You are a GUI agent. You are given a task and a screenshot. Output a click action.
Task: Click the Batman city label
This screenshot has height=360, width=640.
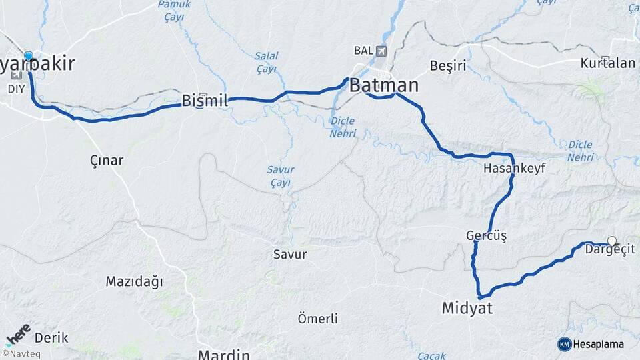pyautogui.click(x=384, y=85)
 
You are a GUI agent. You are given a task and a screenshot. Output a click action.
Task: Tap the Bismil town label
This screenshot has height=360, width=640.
pyautogui.click(x=205, y=101)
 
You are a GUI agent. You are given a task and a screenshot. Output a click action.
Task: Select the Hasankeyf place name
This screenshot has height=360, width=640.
pyautogui.click(x=515, y=169)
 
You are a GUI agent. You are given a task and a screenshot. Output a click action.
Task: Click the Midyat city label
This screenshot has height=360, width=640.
pyautogui.click(x=467, y=307)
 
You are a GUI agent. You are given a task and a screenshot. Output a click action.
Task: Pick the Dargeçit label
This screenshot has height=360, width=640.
pyautogui.click(x=610, y=250)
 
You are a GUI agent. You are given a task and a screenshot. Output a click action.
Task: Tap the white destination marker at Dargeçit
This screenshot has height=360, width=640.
pyautogui.click(x=612, y=241)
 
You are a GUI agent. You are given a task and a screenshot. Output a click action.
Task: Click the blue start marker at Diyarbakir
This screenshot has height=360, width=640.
pyautogui.click(x=29, y=56)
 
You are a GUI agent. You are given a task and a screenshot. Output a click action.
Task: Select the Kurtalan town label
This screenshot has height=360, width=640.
pyautogui.click(x=607, y=64)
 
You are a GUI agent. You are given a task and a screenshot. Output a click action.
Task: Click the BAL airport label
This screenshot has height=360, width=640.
pyautogui.click(x=363, y=51)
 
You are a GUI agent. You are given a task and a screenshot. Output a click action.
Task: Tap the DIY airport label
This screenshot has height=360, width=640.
pyautogui.click(x=15, y=87)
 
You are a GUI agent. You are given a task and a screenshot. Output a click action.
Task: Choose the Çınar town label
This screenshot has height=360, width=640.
pyautogui.click(x=106, y=160)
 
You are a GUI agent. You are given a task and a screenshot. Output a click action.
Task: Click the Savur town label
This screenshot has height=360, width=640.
pyautogui.click(x=290, y=254)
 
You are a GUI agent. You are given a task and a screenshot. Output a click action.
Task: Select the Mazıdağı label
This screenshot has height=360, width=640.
pyautogui.click(x=134, y=281)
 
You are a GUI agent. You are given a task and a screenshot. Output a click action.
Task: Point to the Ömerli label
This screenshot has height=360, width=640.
pyautogui.click(x=318, y=319)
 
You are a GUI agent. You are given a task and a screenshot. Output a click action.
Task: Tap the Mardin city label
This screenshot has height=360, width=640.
pyautogui.click(x=223, y=354)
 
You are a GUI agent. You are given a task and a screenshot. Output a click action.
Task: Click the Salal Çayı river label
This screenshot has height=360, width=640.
pyautogui.click(x=266, y=62)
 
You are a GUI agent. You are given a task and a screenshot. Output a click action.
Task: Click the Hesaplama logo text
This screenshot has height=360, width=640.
pyautogui.click(x=598, y=344)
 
